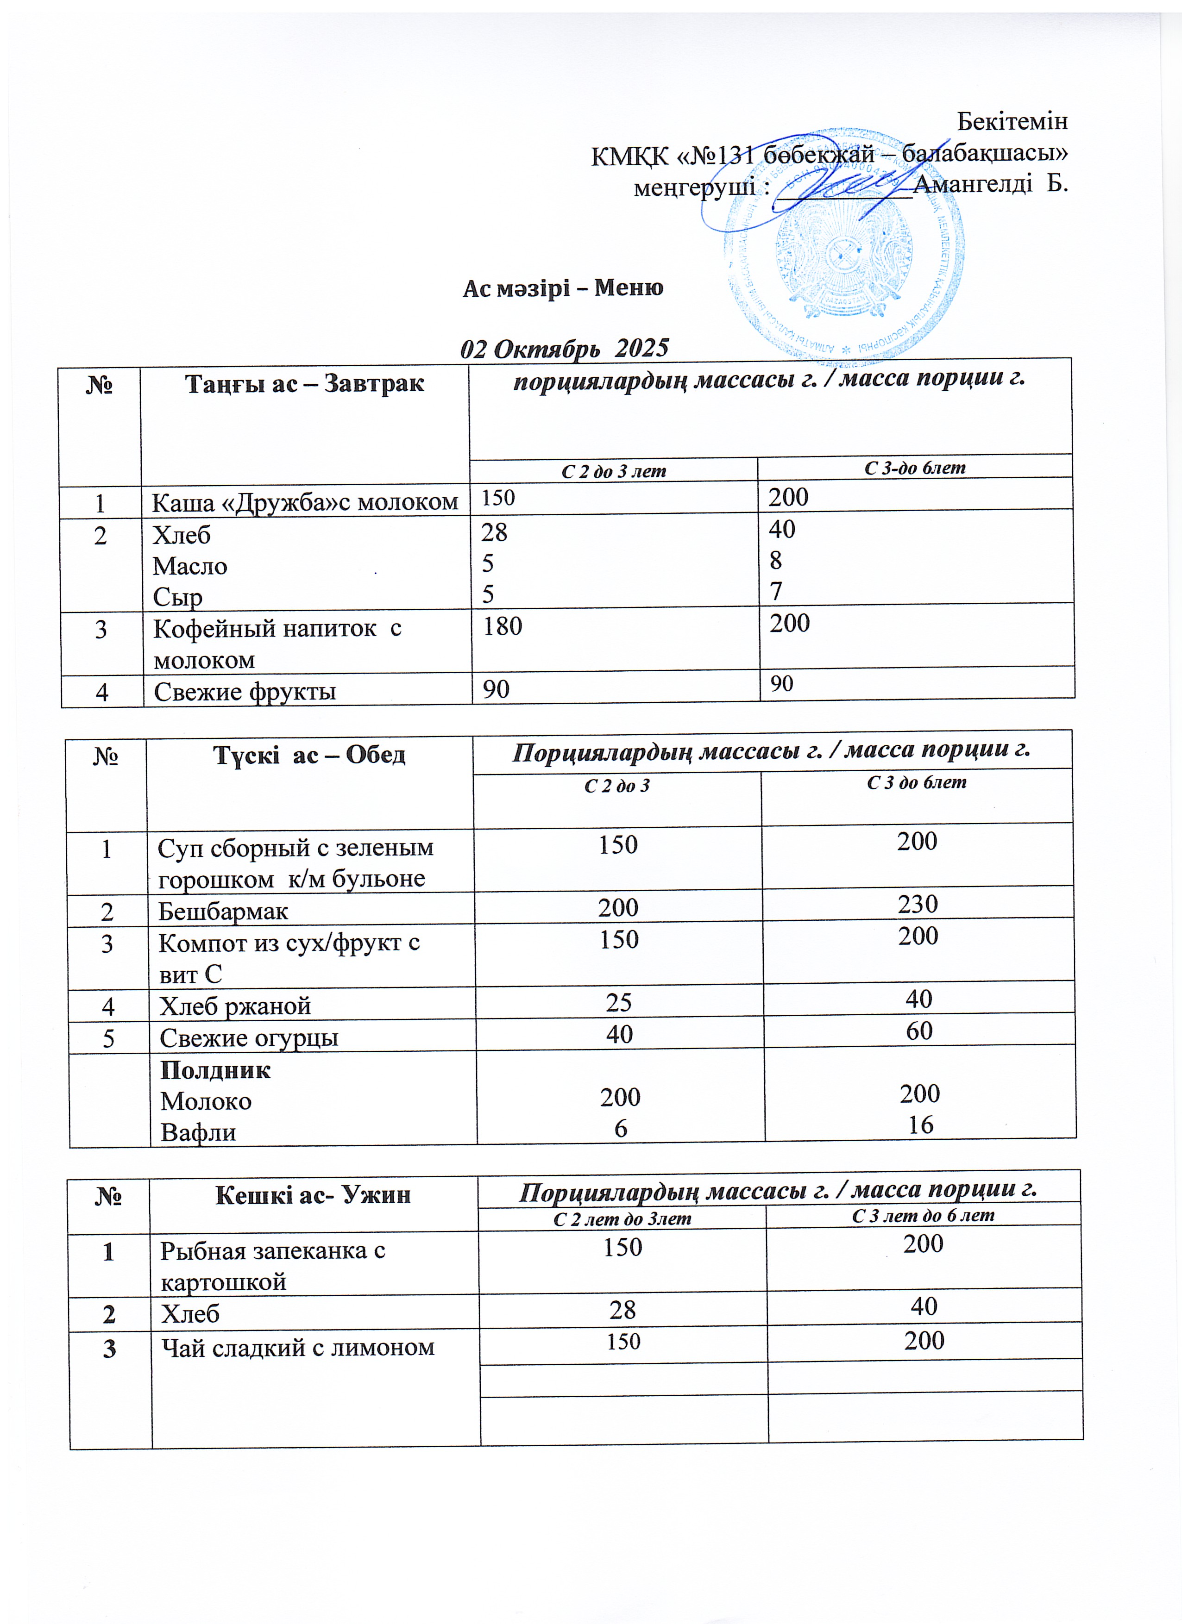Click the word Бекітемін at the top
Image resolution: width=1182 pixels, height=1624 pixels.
[1012, 122]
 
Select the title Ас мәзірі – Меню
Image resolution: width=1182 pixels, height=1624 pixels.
[563, 288]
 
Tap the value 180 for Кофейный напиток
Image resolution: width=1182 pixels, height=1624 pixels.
[502, 626]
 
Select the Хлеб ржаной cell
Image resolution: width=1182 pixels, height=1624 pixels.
[235, 1006]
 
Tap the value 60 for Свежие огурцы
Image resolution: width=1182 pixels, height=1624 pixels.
[919, 1031]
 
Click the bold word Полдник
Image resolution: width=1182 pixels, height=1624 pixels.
[215, 1070]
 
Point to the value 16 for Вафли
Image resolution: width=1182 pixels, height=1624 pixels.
[920, 1125]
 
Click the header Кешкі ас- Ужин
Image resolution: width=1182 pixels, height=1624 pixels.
[313, 1194]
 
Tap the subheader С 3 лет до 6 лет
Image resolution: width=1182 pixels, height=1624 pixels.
[923, 1215]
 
